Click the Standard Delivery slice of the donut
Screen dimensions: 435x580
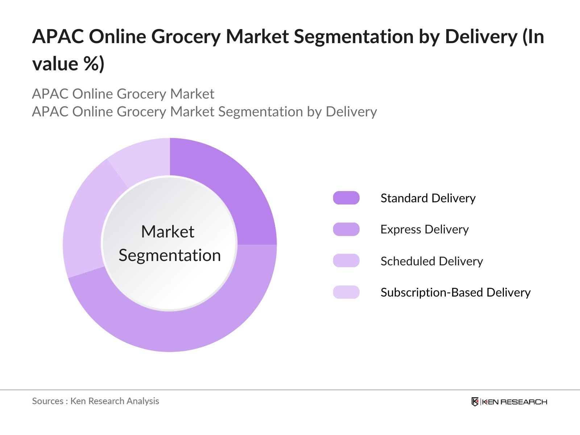(x=232, y=196)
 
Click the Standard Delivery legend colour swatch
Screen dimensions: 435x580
(x=346, y=198)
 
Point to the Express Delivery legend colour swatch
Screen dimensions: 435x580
(x=346, y=229)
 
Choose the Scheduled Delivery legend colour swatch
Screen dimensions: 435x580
(x=346, y=261)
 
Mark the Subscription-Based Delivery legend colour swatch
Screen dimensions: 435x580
(x=346, y=292)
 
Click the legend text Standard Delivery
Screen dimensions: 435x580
(x=428, y=198)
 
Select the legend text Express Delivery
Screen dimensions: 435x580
(x=424, y=229)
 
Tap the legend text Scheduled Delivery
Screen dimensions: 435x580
(x=431, y=261)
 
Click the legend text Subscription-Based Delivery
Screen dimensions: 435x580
(x=455, y=292)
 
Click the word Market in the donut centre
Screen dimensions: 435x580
(x=168, y=232)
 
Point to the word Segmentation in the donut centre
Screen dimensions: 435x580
(x=170, y=255)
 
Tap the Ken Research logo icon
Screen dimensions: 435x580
(x=475, y=402)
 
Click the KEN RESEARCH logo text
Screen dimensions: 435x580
(x=514, y=402)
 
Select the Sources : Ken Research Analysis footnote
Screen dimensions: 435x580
(x=96, y=401)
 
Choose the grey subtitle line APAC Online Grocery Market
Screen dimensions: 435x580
(x=123, y=94)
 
